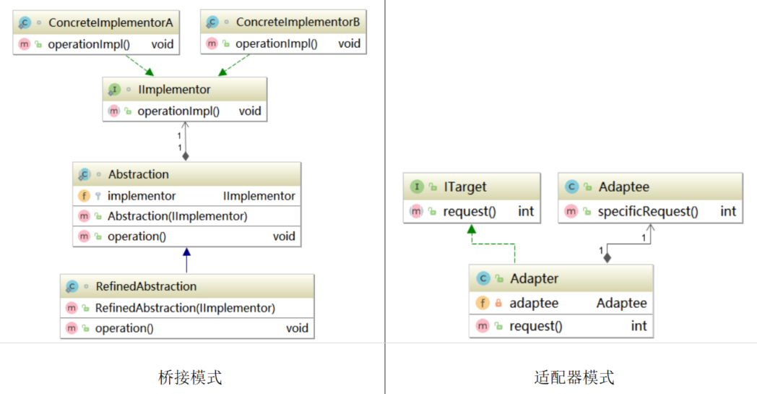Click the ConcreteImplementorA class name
tap(111, 22)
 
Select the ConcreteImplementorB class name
tap(298, 22)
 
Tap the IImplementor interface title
tap(173, 90)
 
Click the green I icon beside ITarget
tap(417, 187)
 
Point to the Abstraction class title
tap(138, 174)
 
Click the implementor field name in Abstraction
tap(142, 196)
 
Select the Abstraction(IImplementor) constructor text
tap(177, 216)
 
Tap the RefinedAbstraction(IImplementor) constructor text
tap(185, 308)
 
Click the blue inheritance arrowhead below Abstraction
tap(186, 252)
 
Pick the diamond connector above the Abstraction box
tap(186, 155)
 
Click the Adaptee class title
tap(623, 187)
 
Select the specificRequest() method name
tap(648, 211)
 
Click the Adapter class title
tap(534, 278)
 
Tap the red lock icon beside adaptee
tap(498, 304)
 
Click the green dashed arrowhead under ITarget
tap(472, 228)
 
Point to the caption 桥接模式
tap(190, 377)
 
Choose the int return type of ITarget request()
tap(525, 211)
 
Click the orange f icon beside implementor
tap(83, 196)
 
